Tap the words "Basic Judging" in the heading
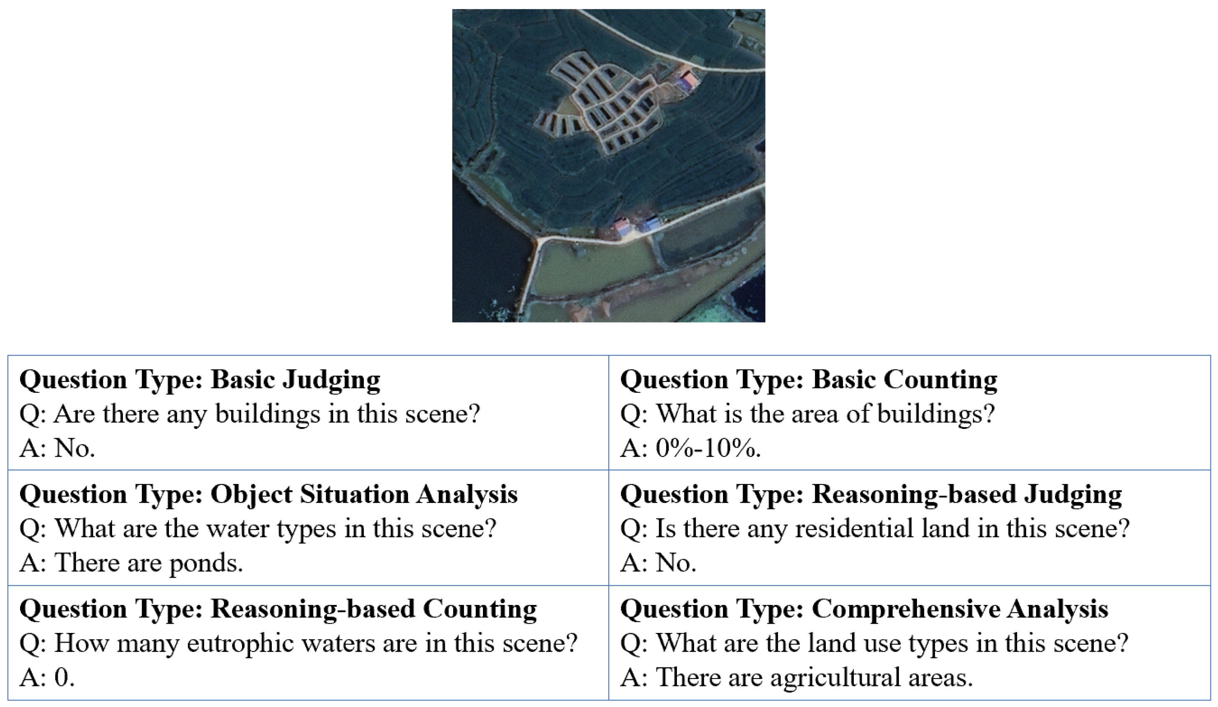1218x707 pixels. click(295, 379)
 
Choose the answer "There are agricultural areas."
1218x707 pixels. click(814, 677)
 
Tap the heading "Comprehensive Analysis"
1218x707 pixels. click(960, 609)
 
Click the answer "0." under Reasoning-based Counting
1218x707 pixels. click(64, 677)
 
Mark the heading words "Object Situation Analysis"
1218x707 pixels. click(363, 494)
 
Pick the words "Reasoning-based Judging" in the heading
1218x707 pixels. click(966, 494)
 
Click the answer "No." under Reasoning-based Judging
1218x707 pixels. click(675, 563)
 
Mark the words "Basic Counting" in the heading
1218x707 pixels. click(904, 379)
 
